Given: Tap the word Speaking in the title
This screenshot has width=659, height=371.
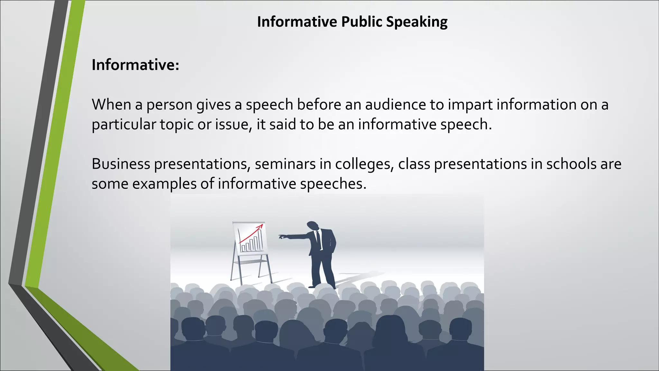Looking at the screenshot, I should pyautogui.click(x=417, y=22).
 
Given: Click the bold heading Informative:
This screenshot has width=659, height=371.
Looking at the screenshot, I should pyautogui.click(x=135, y=65).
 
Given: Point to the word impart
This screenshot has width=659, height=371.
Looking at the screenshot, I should pyautogui.click(x=470, y=105).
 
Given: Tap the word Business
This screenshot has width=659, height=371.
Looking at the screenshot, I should pyautogui.click(x=121, y=164).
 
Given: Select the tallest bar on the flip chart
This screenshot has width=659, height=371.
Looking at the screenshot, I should pyautogui.click(x=259, y=240).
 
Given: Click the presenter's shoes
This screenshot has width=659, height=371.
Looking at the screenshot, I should pyautogui.click(x=322, y=286).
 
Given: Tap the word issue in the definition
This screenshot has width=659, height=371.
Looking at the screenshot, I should pyautogui.click(x=233, y=125).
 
